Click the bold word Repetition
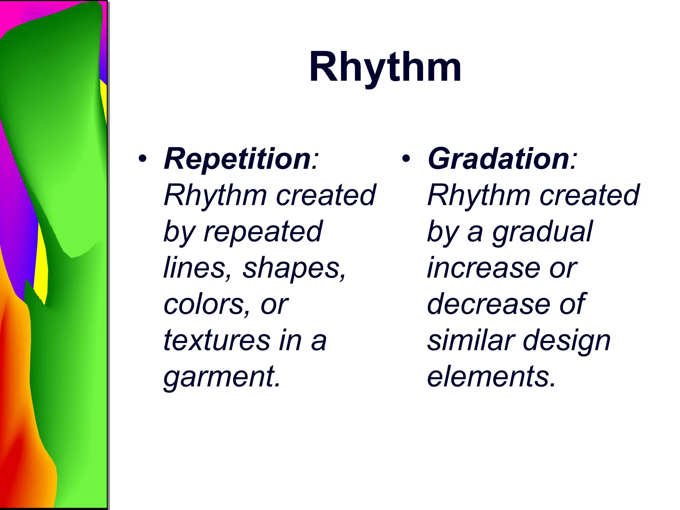pos(237,159)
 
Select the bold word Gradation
pos(498,159)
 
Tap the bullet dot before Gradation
pos(406,159)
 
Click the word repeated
pos(262,231)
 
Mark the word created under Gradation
pos(589,195)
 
